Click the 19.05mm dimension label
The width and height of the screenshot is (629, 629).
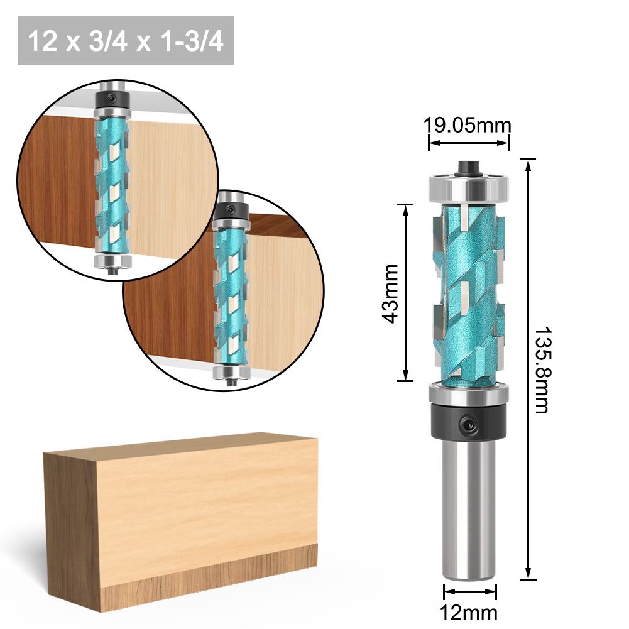pos(467,124)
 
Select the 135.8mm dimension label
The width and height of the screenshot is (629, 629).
pos(542,370)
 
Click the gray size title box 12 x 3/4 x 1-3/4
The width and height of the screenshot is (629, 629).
pos(126,41)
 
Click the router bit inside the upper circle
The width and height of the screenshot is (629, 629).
pos(113,182)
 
